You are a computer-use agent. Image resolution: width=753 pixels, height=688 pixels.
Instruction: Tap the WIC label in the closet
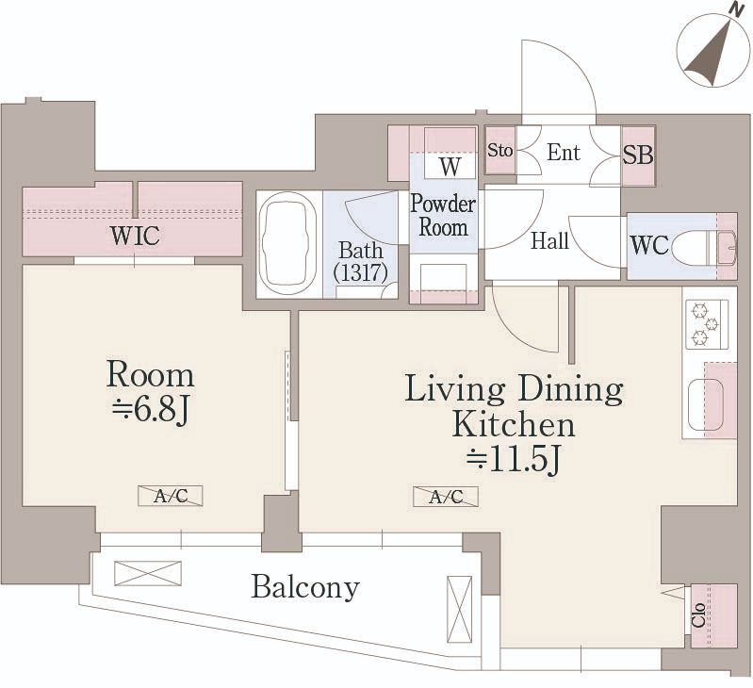135,236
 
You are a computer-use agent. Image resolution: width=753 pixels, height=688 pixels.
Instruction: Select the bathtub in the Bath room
287,243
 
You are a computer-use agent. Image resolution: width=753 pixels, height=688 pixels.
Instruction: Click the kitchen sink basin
706,405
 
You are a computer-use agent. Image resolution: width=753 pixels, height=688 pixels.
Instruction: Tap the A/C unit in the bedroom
171,496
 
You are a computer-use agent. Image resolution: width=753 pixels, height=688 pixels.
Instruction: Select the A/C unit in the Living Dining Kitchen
446,497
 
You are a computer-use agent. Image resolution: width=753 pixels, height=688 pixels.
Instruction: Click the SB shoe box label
638,156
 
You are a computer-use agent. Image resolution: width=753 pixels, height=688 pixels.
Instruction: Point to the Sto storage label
499,151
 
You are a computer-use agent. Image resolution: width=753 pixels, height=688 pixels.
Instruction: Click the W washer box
450,167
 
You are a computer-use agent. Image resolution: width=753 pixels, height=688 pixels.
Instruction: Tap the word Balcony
305,587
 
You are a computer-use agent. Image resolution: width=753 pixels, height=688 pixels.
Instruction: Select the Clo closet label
698,615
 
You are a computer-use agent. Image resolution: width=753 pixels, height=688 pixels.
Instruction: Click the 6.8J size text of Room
150,411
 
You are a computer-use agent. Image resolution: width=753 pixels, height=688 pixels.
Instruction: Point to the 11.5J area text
514,461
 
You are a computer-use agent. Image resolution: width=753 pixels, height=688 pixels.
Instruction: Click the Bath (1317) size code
361,272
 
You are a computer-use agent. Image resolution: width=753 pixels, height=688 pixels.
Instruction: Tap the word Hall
549,240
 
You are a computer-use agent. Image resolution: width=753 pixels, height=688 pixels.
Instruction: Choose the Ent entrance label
564,153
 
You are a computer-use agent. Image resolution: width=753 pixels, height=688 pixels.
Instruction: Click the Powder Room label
443,216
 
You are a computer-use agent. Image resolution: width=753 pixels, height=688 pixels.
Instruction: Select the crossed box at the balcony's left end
148,573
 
